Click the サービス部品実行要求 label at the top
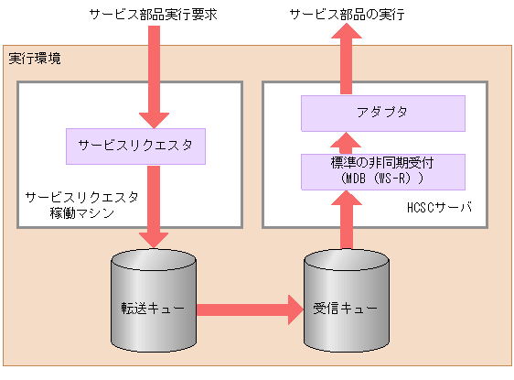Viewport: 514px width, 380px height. click(x=151, y=15)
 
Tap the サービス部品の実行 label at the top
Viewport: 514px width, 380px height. click(x=347, y=15)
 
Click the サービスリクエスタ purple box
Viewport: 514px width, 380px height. click(x=134, y=146)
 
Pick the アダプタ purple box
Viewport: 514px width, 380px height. click(x=383, y=113)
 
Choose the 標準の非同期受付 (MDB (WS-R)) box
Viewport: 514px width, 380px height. click(x=383, y=170)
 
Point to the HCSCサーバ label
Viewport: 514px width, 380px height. click(x=439, y=208)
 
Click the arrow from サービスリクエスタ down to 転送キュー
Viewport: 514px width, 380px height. click(x=153, y=206)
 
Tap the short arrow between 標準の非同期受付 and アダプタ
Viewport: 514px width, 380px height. click(x=346, y=141)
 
